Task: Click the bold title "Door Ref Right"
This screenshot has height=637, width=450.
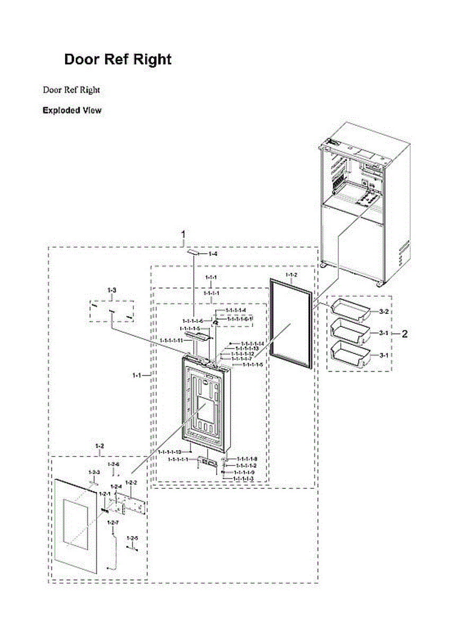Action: (x=118, y=59)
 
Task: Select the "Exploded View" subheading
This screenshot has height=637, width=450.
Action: (x=72, y=110)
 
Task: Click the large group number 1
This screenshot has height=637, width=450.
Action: (x=183, y=234)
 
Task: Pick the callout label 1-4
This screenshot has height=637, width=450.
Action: (x=213, y=254)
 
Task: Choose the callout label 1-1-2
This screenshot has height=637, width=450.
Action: (x=292, y=274)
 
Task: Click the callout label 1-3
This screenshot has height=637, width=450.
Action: (x=111, y=290)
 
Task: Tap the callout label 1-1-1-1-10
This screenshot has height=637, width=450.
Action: (x=170, y=452)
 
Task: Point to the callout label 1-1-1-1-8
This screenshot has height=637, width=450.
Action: (x=247, y=458)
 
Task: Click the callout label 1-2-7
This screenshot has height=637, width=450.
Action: (x=112, y=523)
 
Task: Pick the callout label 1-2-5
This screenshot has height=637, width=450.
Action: (x=133, y=538)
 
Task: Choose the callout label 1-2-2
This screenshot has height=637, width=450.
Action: (x=131, y=482)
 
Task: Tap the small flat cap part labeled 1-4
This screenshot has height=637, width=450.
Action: (x=194, y=254)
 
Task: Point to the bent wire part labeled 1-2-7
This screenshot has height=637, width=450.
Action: (x=112, y=552)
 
